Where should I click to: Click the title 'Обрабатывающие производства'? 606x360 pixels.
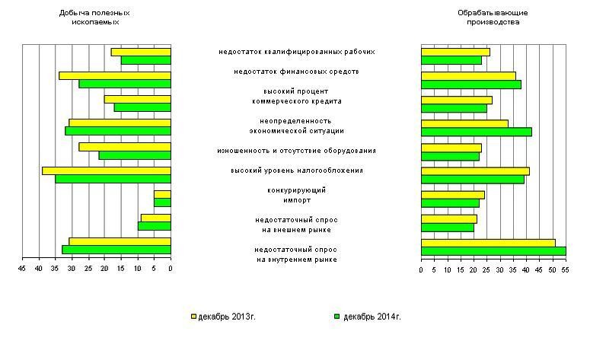[x=493, y=18]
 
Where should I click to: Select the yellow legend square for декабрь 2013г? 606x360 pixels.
[x=193, y=316]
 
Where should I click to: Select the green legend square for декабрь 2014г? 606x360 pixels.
[x=336, y=316]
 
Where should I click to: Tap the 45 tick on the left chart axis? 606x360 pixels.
[x=22, y=269]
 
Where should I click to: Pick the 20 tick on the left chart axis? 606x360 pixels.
[x=104, y=269]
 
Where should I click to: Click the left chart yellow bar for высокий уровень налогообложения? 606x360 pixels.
[x=106, y=170]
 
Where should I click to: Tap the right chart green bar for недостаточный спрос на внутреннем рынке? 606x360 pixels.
[x=493, y=250]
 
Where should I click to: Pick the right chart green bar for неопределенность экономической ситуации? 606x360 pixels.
[x=476, y=132]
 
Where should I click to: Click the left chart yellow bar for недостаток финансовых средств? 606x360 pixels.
[x=114, y=75]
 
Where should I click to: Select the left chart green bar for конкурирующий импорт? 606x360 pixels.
[x=162, y=202]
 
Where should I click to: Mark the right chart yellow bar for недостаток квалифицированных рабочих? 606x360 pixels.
[x=455, y=52]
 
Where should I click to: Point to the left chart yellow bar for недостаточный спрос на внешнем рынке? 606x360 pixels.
[x=155, y=218]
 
